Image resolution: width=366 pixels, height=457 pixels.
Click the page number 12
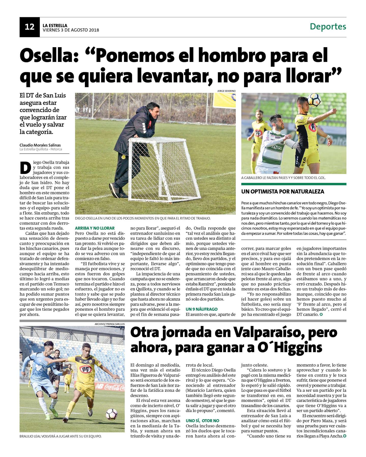[x=29, y=27]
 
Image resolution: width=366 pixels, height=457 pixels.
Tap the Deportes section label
[x=328, y=26]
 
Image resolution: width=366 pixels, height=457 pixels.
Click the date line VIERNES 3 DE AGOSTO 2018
[x=71, y=30]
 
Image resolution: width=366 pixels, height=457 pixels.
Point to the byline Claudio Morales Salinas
[x=40, y=145]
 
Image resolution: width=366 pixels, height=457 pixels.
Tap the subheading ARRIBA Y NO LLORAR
[x=95, y=228]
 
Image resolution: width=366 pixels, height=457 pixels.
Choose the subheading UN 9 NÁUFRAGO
[x=202, y=309]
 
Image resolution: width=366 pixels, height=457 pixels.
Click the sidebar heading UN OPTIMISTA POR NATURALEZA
[x=283, y=191]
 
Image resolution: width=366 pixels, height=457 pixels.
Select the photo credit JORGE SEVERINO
[x=226, y=91]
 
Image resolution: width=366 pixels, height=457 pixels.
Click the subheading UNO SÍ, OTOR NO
[x=202, y=421]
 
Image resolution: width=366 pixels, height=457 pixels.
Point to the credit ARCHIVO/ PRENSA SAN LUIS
[x=110, y=324]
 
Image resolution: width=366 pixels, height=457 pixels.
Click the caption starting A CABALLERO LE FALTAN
[x=283, y=178]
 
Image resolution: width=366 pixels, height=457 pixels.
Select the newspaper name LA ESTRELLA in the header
[x=55, y=25]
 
